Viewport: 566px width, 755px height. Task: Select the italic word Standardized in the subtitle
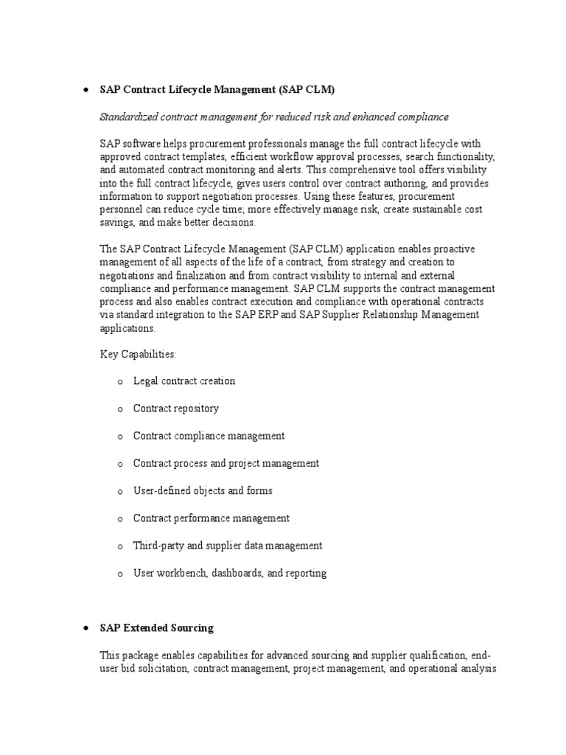(x=129, y=117)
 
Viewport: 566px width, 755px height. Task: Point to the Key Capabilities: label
(x=138, y=355)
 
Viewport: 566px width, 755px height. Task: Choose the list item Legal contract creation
(x=184, y=381)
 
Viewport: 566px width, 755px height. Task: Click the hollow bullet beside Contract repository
(x=118, y=409)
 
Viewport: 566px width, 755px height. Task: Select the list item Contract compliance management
(x=209, y=436)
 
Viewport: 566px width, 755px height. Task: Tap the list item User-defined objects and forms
(x=203, y=490)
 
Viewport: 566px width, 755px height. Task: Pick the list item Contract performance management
(x=211, y=518)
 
